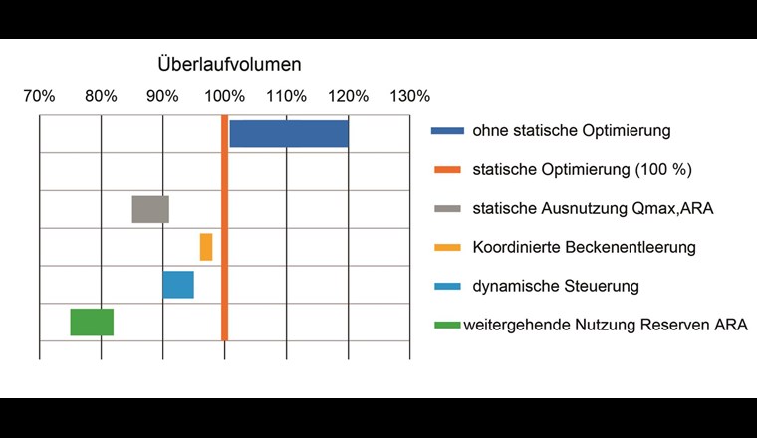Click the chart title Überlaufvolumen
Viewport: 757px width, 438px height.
pos(229,65)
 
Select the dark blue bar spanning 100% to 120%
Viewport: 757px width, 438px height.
pos(289,133)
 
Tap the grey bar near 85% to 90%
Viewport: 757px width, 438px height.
pos(150,209)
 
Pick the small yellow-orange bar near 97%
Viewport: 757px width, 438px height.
pos(206,247)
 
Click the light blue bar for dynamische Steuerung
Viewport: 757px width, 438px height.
pos(178,285)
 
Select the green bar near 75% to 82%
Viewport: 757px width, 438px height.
pos(92,323)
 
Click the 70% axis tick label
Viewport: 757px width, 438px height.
pos(39,97)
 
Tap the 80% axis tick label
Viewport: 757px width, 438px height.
pos(101,97)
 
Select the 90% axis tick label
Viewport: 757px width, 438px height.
pos(162,97)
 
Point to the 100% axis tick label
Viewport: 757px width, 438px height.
pos(224,97)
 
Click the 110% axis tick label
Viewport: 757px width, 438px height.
pos(287,97)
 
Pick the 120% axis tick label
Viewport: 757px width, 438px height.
pos(349,97)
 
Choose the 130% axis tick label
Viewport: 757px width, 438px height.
pos(410,97)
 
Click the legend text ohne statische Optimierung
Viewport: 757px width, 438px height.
pos(571,131)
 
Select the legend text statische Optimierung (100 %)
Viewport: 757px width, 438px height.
pos(582,169)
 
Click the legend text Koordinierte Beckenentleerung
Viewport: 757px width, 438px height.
pos(584,247)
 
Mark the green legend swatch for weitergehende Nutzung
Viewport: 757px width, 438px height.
pos(446,325)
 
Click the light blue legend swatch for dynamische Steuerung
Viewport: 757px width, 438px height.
pos(446,286)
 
